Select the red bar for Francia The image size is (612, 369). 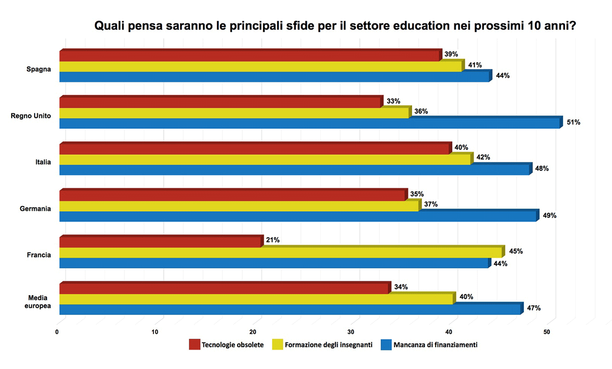[160, 242]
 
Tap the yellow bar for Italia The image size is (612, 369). [265, 160]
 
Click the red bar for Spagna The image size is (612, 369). [250, 56]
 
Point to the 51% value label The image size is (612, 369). [573, 122]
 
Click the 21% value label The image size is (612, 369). [273, 240]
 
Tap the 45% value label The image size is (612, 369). [516, 251]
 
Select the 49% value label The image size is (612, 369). [549, 215]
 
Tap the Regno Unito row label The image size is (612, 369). [31, 116]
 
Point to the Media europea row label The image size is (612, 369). [39, 301]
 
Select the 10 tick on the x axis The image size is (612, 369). [155, 332]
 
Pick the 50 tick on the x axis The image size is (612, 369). [547, 332]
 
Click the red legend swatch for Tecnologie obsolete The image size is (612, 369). [194, 345]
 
